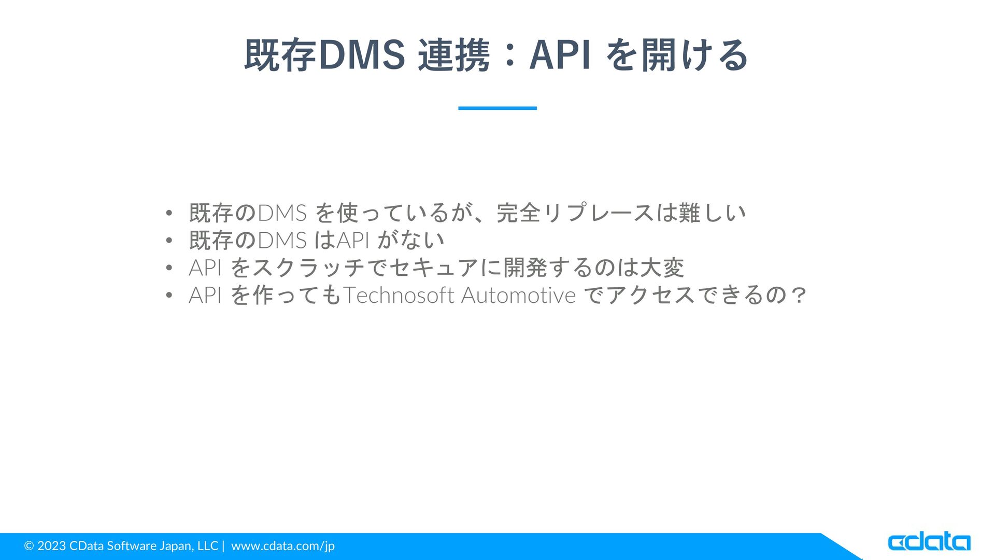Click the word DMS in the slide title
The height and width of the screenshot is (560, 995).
[361, 55]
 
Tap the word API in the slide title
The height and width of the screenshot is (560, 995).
[560, 55]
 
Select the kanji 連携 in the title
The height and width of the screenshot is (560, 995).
[454, 55]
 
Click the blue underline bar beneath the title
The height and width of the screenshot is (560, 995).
[497, 108]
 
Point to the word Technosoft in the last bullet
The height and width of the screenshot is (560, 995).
[399, 295]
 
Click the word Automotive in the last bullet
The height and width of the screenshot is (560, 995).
[518, 295]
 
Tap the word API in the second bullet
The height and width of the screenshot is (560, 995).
[353, 240]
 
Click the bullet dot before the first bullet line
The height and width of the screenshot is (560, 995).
[168, 213]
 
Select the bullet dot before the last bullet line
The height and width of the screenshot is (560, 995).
[168, 296]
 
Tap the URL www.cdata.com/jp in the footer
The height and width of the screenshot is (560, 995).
[283, 546]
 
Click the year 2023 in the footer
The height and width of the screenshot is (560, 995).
[51, 545]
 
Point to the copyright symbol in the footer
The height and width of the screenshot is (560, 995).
[29, 545]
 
